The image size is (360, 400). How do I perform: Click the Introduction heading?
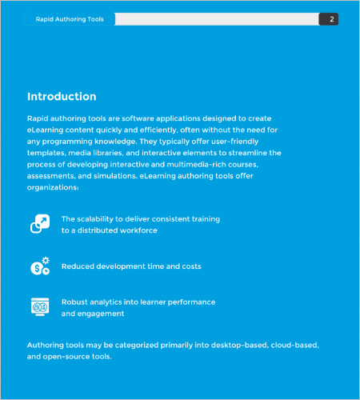point(62,97)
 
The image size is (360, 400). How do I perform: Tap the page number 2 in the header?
point(331,18)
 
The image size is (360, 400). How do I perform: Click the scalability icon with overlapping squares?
point(40,224)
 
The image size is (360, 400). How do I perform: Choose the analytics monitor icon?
point(40,307)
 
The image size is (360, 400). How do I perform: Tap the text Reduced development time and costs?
point(131,266)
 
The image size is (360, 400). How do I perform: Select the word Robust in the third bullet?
point(76,302)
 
